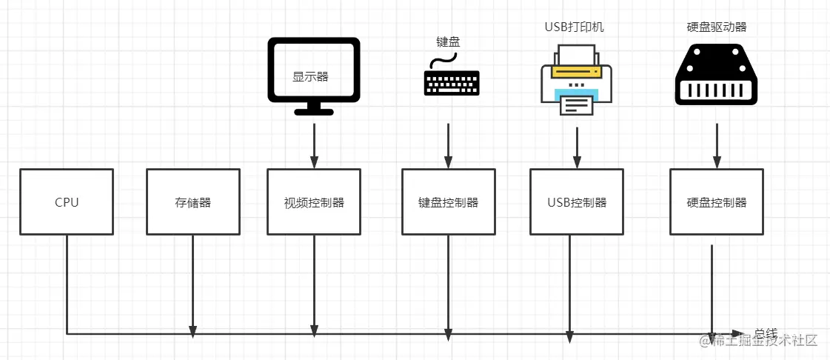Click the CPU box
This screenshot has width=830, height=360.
coord(67,202)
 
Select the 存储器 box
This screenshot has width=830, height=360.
coord(193,202)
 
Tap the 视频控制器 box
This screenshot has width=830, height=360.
coord(314,202)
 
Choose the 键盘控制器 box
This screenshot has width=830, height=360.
coord(448,202)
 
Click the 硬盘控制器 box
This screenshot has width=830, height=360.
coord(716,202)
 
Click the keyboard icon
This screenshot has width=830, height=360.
coord(451,80)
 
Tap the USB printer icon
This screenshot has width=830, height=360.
coord(576,79)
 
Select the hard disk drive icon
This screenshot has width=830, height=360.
coord(716,73)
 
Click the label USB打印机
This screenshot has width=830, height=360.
coord(575,27)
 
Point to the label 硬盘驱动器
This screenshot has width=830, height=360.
coord(716,27)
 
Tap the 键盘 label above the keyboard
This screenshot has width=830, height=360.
coord(448,42)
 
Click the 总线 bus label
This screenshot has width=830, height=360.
coord(766,333)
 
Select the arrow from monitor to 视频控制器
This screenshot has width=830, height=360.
coord(314,145)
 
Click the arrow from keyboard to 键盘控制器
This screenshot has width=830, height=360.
coord(448,145)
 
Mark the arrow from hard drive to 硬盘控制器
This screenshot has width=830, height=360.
coord(716,145)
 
